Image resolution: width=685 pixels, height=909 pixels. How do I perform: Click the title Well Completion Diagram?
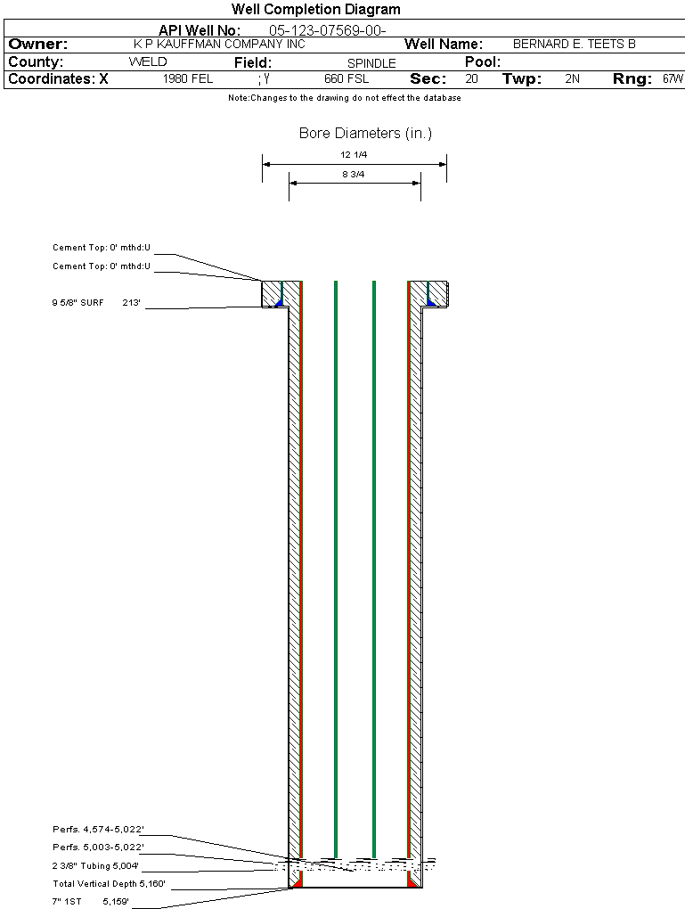(316, 9)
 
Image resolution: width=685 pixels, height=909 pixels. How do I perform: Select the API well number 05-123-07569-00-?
(328, 30)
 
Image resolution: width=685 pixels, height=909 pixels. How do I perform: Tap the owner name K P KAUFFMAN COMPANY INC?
(219, 44)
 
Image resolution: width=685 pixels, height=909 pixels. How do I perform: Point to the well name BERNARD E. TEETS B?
(575, 44)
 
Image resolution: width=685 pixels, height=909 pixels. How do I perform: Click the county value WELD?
(148, 62)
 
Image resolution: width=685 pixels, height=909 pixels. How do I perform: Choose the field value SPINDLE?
(371, 63)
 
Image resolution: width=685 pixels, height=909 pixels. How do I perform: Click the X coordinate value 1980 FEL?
(188, 78)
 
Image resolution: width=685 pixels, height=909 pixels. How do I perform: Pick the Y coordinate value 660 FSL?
(347, 78)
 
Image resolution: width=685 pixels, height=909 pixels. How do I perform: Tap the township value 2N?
(572, 78)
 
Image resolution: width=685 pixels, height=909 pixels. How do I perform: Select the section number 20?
(472, 78)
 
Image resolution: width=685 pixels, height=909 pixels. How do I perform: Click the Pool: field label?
(483, 62)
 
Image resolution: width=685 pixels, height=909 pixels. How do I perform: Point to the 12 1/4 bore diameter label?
(354, 155)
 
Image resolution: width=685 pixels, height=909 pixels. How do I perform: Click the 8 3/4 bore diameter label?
(354, 174)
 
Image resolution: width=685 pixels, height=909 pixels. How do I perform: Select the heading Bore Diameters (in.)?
(366, 134)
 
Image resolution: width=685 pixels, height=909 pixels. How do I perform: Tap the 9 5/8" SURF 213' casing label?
(96, 303)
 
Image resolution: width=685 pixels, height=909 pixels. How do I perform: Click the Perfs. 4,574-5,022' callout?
(98, 830)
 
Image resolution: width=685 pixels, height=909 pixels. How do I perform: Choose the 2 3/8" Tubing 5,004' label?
(95, 866)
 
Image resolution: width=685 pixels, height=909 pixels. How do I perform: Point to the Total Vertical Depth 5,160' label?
(109, 884)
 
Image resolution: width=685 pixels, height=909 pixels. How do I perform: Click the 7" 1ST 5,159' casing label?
(90, 902)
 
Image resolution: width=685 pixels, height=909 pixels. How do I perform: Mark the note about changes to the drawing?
(345, 98)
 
